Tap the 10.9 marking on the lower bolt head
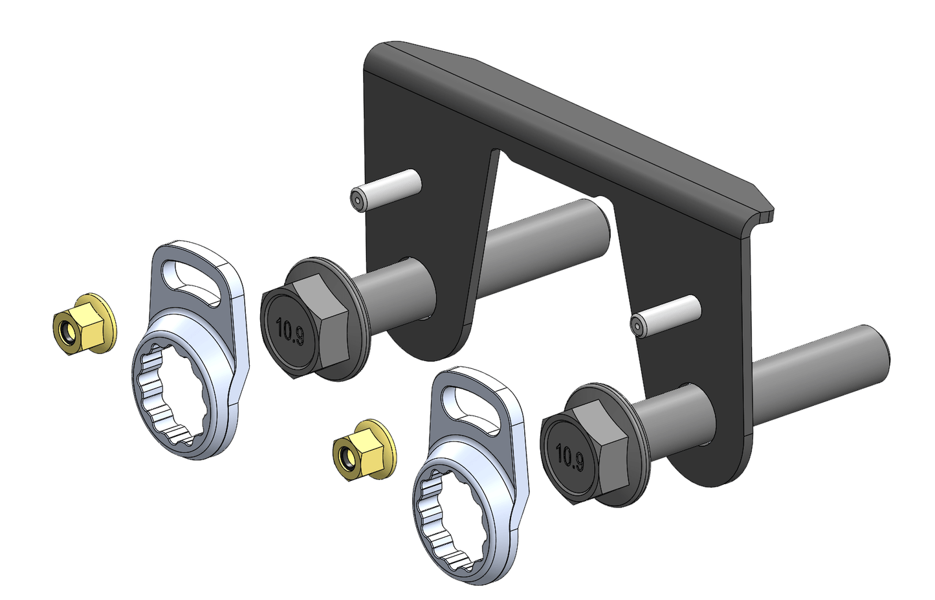pyautogui.click(x=569, y=457)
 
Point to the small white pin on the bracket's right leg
pyautogui.click(x=666, y=315)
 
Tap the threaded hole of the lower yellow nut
pyautogui.click(x=346, y=459)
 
